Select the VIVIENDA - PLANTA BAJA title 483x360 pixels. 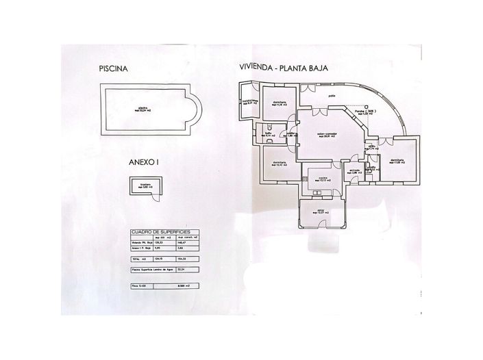[x=280, y=68]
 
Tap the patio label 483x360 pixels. [x=332, y=95]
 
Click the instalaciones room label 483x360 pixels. [x=248, y=101]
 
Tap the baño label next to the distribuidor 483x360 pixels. [x=268, y=135]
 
